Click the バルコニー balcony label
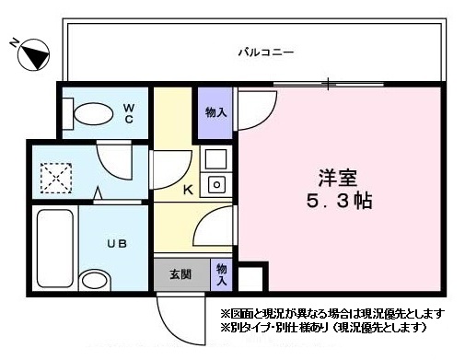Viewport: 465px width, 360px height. [266, 53]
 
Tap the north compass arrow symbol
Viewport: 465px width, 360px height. [29, 55]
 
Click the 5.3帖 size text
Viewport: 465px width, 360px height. [339, 200]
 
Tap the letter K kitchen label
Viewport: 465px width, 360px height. [188, 191]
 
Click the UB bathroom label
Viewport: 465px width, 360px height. [116, 244]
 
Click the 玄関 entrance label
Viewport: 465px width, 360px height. [180, 273]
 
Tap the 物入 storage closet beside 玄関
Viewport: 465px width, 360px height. [222, 273]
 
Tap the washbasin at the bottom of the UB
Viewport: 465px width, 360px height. [95, 280]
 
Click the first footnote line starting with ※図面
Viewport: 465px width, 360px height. [331, 312]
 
